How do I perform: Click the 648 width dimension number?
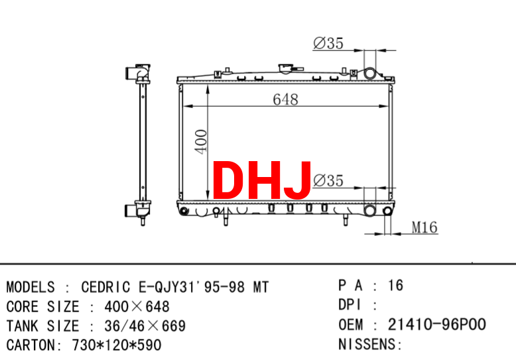(x=285, y=99)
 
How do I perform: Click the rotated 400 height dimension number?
(x=201, y=141)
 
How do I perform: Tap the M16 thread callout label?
(x=424, y=227)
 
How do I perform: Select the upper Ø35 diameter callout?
(x=328, y=43)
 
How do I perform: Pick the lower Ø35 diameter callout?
(x=328, y=180)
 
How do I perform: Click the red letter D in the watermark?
(x=229, y=180)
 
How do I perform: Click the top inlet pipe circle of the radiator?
(x=369, y=74)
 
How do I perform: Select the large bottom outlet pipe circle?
(x=369, y=211)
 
